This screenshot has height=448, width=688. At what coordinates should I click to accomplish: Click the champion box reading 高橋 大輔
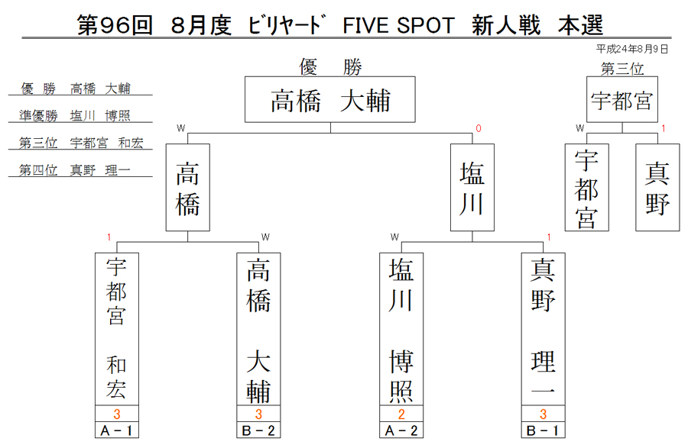point(330,99)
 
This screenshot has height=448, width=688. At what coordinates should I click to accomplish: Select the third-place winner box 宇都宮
point(622,99)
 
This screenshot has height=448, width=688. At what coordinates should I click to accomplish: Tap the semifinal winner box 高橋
point(188,188)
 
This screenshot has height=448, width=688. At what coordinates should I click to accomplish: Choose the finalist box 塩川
point(472,188)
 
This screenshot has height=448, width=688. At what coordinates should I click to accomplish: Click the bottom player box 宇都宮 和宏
point(117,329)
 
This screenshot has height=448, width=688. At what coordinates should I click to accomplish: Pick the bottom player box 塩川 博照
point(401,329)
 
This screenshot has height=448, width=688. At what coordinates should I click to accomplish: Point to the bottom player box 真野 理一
point(544,329)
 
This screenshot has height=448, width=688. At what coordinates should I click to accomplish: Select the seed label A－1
point(117,430)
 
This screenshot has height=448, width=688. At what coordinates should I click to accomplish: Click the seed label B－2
point(258,430)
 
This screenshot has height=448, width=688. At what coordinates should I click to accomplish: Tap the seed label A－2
point(401,430)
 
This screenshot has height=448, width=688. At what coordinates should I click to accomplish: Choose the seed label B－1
point(544,430)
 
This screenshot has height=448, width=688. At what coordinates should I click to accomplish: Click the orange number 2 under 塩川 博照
point(401,414)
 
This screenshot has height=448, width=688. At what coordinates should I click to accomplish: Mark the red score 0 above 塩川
point(479,128)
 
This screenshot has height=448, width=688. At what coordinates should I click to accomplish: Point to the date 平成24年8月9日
point(632,49)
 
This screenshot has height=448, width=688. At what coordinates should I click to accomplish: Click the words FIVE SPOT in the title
point(398,25)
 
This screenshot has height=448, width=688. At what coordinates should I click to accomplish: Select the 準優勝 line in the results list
point(75,115)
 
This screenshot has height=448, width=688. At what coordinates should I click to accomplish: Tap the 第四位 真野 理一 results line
point(75,170)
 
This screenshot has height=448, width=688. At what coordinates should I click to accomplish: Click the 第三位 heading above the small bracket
point(622,69)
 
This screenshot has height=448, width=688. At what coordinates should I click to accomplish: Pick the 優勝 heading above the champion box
point(330,67)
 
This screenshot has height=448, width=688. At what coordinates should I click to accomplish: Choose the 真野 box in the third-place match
point(657,188)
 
